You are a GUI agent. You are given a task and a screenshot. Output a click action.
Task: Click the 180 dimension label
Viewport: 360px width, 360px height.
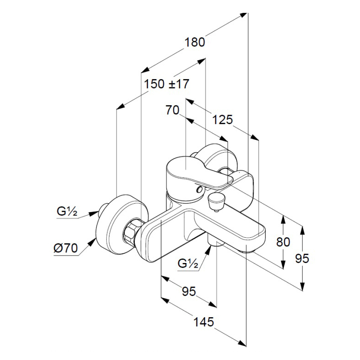[194, 42]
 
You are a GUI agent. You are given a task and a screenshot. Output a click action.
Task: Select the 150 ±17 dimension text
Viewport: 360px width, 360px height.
[166, 84]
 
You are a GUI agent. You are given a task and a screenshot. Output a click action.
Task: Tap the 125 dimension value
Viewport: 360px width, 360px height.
[222, 120]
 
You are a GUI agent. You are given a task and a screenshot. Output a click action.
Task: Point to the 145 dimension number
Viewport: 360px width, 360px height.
[204, 322]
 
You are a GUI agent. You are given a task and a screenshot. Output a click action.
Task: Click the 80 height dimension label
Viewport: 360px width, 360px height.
[283, 242]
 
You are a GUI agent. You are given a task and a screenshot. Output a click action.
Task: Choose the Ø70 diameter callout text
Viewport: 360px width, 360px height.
[66, 248]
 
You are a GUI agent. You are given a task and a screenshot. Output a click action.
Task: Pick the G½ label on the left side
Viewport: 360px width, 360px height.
[67, 211]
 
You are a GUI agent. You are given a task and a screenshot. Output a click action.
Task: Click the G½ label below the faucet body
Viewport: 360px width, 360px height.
[188, 263]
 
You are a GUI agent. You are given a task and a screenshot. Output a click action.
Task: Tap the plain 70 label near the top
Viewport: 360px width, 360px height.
[172, 110]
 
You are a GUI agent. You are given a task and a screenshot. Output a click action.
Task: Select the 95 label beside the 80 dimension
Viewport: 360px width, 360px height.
[302, 258]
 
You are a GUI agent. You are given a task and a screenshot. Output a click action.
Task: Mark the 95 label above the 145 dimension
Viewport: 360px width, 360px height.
[189, 291]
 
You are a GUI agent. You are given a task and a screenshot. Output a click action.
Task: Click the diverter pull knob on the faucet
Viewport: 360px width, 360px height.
[216, 200]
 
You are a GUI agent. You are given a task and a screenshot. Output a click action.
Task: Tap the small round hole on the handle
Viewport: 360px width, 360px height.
[199, 189]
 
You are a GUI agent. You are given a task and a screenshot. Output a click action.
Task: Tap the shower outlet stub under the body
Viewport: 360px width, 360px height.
[216, 240]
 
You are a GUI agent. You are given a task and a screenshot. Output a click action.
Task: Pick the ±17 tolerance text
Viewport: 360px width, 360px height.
[179, 84]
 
